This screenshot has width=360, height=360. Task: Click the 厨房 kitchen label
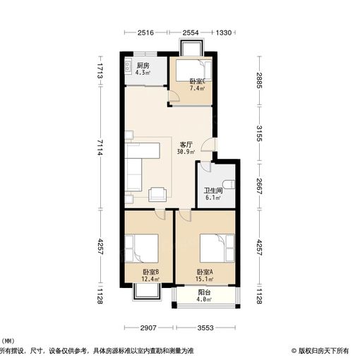tap(143, 65)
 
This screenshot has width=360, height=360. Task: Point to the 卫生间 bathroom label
tap(213, 191)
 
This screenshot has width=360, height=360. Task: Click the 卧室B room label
tap(150, 272)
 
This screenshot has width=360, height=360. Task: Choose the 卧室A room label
tap(205, 272)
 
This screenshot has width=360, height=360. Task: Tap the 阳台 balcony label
tap(204, 292)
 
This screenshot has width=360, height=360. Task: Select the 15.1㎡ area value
tap(205, 280)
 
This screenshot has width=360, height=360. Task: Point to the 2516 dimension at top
tap(145, 32)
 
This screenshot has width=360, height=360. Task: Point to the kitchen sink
tap(129, 68)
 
